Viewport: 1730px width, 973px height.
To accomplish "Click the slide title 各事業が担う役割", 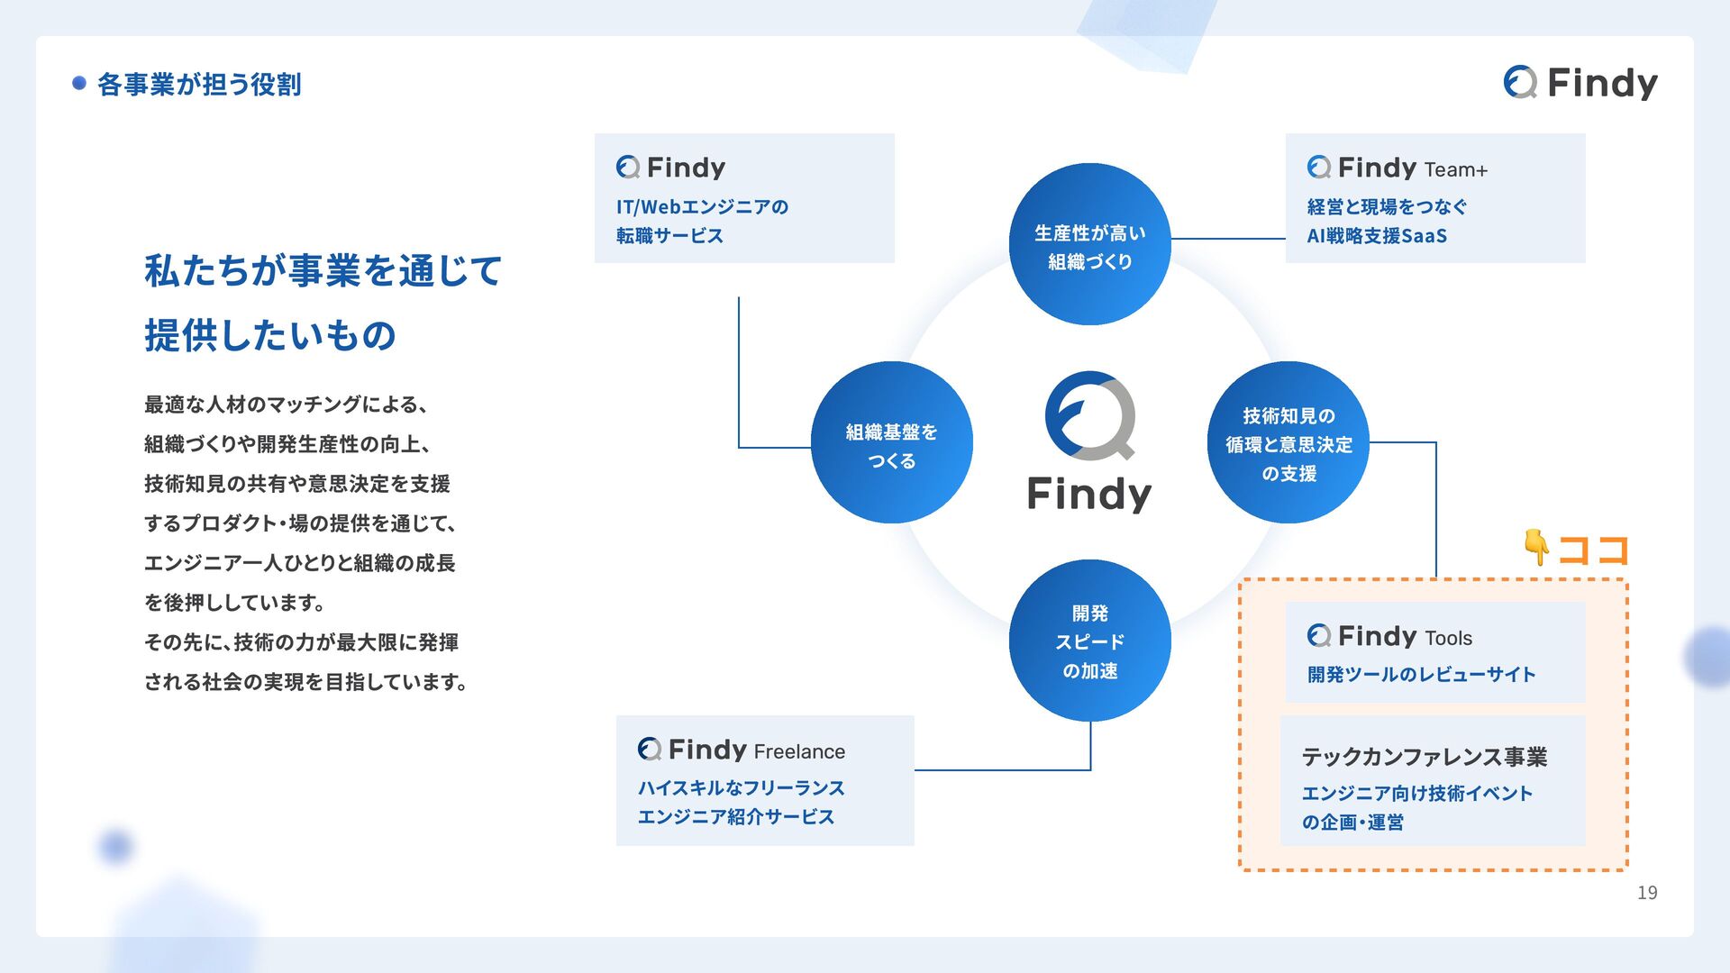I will [199, 85].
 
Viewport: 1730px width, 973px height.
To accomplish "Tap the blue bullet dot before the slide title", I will [79, 84].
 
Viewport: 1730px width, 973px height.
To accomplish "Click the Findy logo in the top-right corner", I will [1580, 83].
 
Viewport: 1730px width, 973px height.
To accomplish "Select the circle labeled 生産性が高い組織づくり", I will [1089, 245].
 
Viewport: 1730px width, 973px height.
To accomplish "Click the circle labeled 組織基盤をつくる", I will [891, 443].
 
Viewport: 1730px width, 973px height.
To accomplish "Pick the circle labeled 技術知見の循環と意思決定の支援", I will [1288, 443].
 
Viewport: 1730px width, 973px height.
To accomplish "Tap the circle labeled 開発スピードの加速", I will [1089, 641].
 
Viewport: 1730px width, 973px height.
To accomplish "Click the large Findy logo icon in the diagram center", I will [1089, 416].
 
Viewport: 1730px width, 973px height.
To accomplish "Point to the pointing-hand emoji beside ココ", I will [1536, 547].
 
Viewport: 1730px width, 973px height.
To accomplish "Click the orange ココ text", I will [1593, 550].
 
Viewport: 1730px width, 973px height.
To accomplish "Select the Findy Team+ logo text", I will [1398, 168].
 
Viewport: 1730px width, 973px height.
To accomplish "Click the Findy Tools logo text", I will [1389, 637].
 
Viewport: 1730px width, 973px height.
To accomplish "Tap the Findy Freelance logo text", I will [742, 750].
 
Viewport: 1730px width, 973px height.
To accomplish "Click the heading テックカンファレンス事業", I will [1424, 757].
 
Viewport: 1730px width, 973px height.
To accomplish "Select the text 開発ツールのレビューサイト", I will [1421, 675].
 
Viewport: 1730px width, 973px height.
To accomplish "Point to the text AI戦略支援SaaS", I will [1377, 236].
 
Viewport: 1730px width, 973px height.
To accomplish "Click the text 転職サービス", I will [669, 236].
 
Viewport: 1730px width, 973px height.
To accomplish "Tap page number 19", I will [1646, 893].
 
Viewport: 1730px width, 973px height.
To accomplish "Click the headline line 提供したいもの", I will [270, 336].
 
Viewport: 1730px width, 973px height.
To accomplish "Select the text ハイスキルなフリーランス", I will [741, 788].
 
